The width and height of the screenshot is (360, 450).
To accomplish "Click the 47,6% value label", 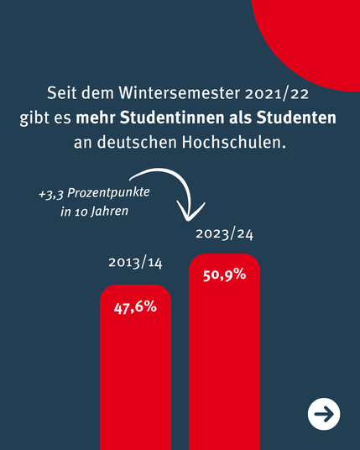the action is (x=135, y=308).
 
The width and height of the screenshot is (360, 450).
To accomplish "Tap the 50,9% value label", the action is (x=225, y=275).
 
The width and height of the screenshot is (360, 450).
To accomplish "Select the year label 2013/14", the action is (x=135, y=263).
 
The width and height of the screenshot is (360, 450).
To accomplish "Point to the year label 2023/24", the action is (x=225, y=234).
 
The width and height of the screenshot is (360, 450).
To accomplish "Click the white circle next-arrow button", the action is (x=324, y=414).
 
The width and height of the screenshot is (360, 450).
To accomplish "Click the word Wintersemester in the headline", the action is (x=180, y=93).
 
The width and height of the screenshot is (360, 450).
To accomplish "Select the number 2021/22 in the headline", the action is (x=277, y=93).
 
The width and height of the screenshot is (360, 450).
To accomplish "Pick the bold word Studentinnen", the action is (x=172, y=118).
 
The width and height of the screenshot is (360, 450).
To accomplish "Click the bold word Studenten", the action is (x=296, y=118).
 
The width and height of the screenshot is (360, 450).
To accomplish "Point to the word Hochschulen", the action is (x=234, y=142).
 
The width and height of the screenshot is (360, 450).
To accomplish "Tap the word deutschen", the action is (x=137, y=142).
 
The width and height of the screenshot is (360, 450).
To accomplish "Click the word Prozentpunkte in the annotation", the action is (x=108, y=193).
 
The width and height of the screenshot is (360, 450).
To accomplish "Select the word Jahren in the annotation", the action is (x=110, y=212).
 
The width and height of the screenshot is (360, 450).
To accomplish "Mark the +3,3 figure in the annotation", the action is (x=51, y=194).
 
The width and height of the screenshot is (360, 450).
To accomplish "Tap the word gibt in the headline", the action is (x=31, y=118).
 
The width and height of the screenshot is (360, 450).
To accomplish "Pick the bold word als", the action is (x=240, y=118).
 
